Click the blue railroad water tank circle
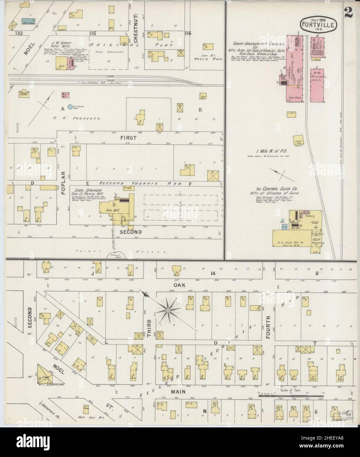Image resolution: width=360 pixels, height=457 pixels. tap(70, 107)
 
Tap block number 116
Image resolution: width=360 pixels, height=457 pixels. tap(188, 33)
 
